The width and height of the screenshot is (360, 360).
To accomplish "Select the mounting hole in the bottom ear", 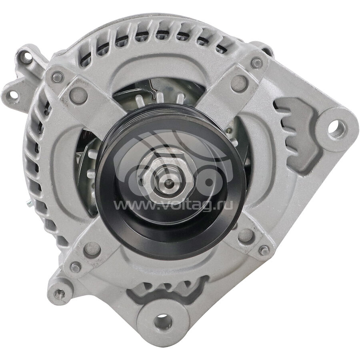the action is pyautogui.click(x=164, y=322).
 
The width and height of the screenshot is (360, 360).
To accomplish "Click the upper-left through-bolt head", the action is pyautogui.click(x=57, y=77).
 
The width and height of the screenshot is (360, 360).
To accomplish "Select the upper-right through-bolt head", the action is pyautogui.click(x=256, y=63).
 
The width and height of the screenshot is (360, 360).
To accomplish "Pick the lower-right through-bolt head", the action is pyautogui.click(x=264, y=250).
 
